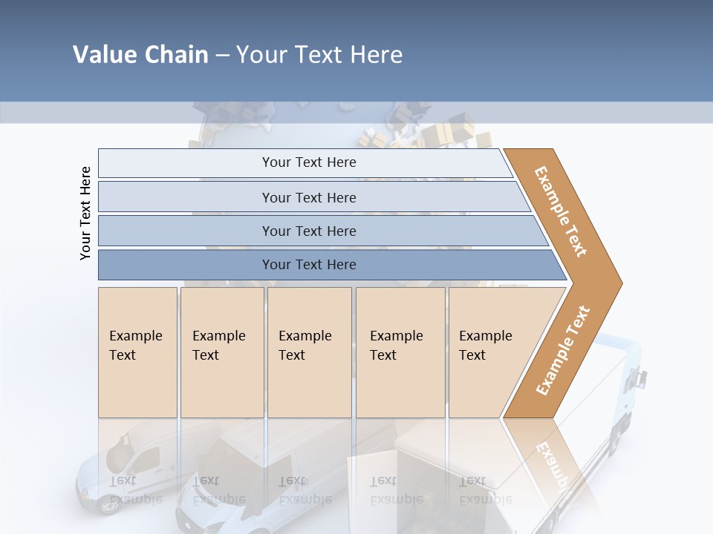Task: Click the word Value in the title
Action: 104,55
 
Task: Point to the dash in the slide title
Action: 222,56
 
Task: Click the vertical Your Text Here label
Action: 85,213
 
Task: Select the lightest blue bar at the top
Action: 305,162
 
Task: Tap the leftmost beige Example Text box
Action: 137,352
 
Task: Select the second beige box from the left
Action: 222,352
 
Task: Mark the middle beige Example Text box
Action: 309,352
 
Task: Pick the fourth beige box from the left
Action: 400,352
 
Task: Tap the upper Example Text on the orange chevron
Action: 561,211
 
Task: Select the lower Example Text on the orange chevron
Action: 563,351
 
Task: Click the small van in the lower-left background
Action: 126,467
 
